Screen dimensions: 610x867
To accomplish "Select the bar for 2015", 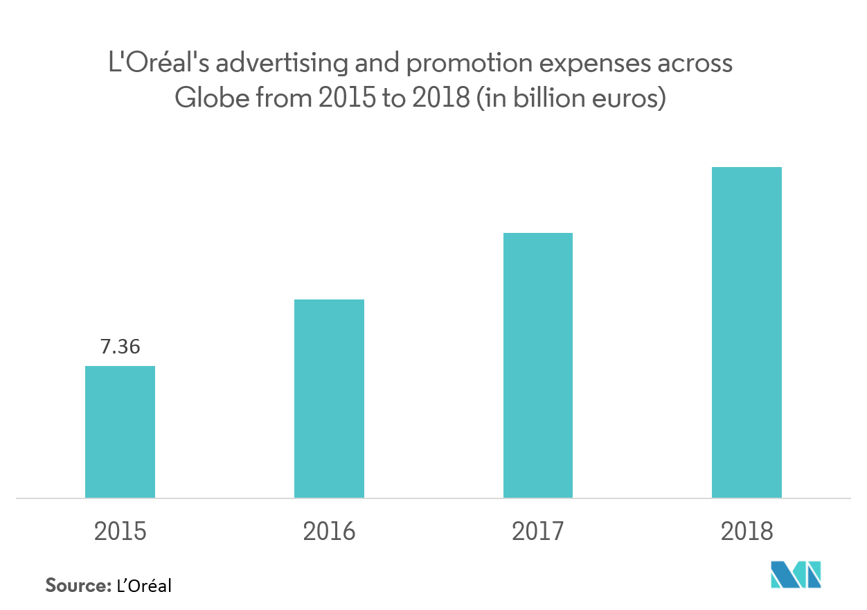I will coord(120,431).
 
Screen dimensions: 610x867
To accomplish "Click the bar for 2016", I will coord(329,398).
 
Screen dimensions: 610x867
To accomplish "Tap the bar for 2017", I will coord(538,365).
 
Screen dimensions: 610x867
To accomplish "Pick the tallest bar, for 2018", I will coord(747,332).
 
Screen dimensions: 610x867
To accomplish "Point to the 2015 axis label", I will coord(120,532).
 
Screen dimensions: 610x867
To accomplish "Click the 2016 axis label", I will coord(329,532).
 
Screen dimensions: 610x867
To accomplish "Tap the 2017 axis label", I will coord(538,532).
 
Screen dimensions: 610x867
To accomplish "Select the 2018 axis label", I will coord(747,532).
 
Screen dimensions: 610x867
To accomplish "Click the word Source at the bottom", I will coord(78,586).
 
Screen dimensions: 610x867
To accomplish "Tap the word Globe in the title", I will coord(211,98).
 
